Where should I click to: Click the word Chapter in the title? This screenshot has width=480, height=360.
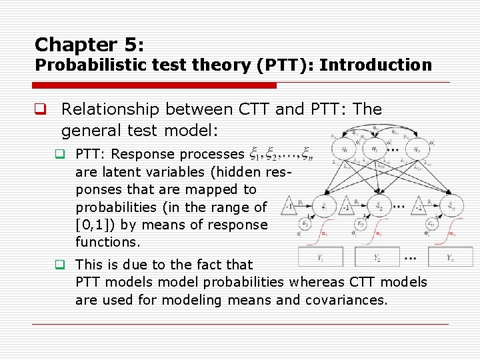[65, 45]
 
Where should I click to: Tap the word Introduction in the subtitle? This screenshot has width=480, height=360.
[375, 65]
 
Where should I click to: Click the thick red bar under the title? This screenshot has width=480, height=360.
[155, 85]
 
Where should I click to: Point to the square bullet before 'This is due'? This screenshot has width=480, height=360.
[59, 265]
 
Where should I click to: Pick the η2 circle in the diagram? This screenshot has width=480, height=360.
[377, 150]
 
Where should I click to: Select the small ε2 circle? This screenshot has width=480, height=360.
[361, 225]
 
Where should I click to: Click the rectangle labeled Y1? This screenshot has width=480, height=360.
[321, 257]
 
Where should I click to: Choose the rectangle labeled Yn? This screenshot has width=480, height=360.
[451, 257]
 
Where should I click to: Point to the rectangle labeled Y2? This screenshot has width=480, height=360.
[377, 257]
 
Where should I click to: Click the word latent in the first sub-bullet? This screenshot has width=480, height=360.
[115, 172]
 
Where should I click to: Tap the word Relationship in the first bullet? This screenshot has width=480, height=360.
[108, 109]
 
